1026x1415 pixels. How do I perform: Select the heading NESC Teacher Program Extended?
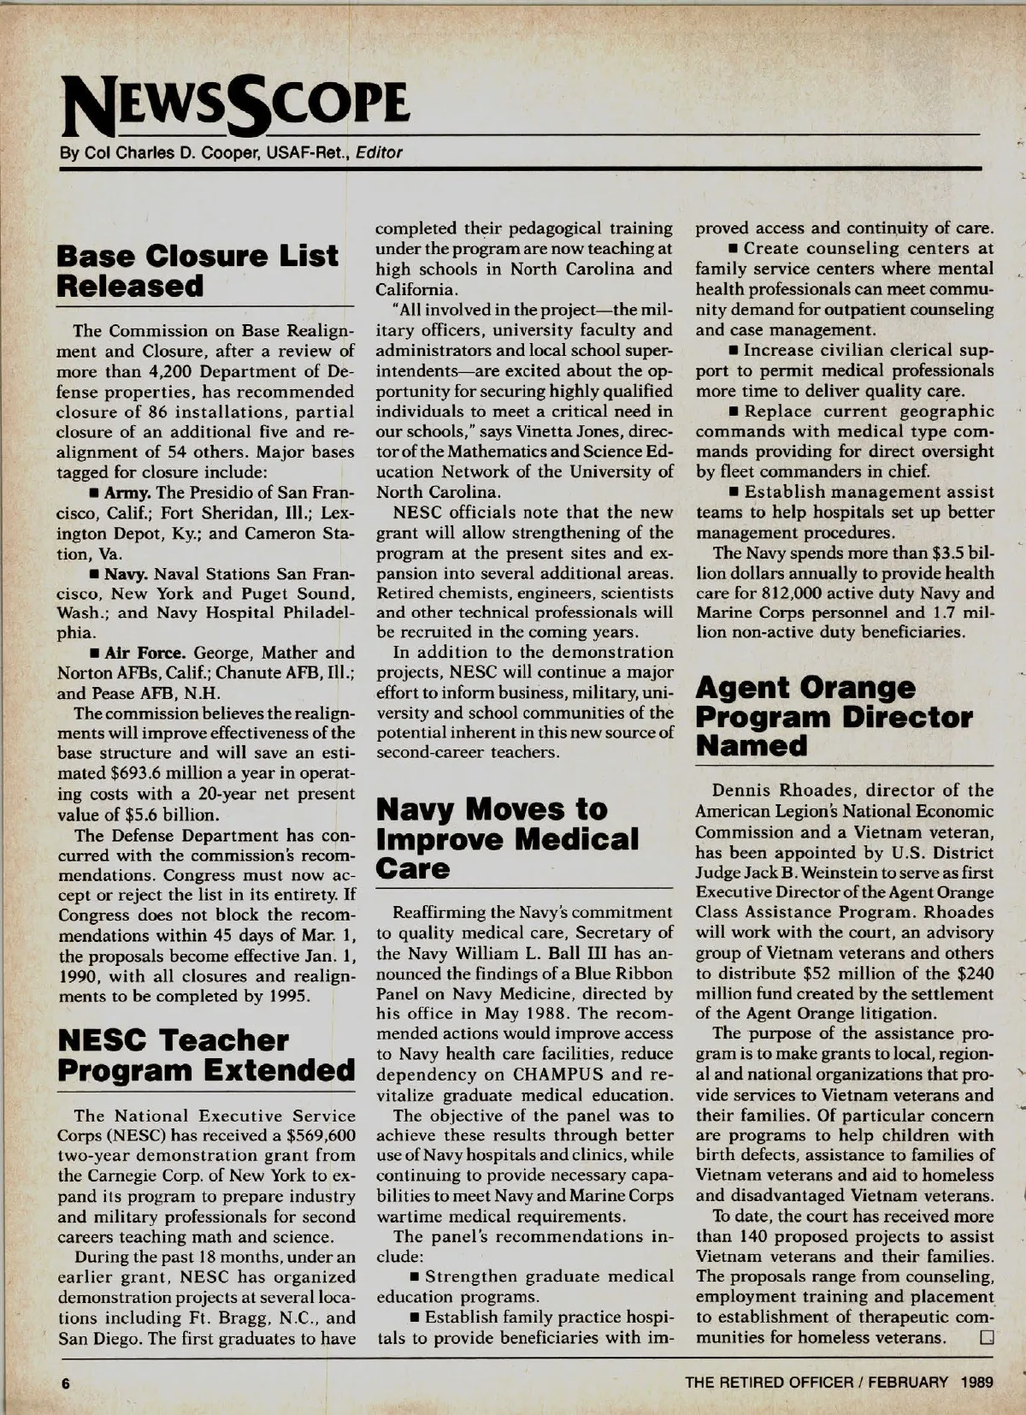205,1055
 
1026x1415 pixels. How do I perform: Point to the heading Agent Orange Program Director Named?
834,716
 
